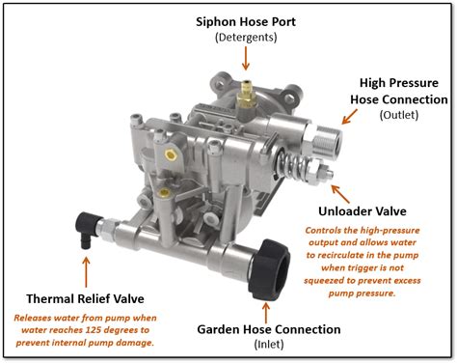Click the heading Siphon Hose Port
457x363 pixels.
pos(246,22)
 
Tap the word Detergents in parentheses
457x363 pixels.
pos(246,38)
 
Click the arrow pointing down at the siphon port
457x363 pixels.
pos(246,58)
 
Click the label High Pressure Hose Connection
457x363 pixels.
pos(399,91)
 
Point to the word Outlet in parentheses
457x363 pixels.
pos(399,115)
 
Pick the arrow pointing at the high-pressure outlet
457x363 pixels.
pos(349,117)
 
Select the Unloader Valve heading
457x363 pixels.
pos(363,211)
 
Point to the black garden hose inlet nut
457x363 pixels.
pos(269,270)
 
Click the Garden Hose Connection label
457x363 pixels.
pos(269,329)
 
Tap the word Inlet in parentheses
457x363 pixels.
pos(269,345)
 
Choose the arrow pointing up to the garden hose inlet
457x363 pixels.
pos(266,313)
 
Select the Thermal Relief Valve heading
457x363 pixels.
pos(85,298)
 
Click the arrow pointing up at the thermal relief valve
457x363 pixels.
pos(86,272)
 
